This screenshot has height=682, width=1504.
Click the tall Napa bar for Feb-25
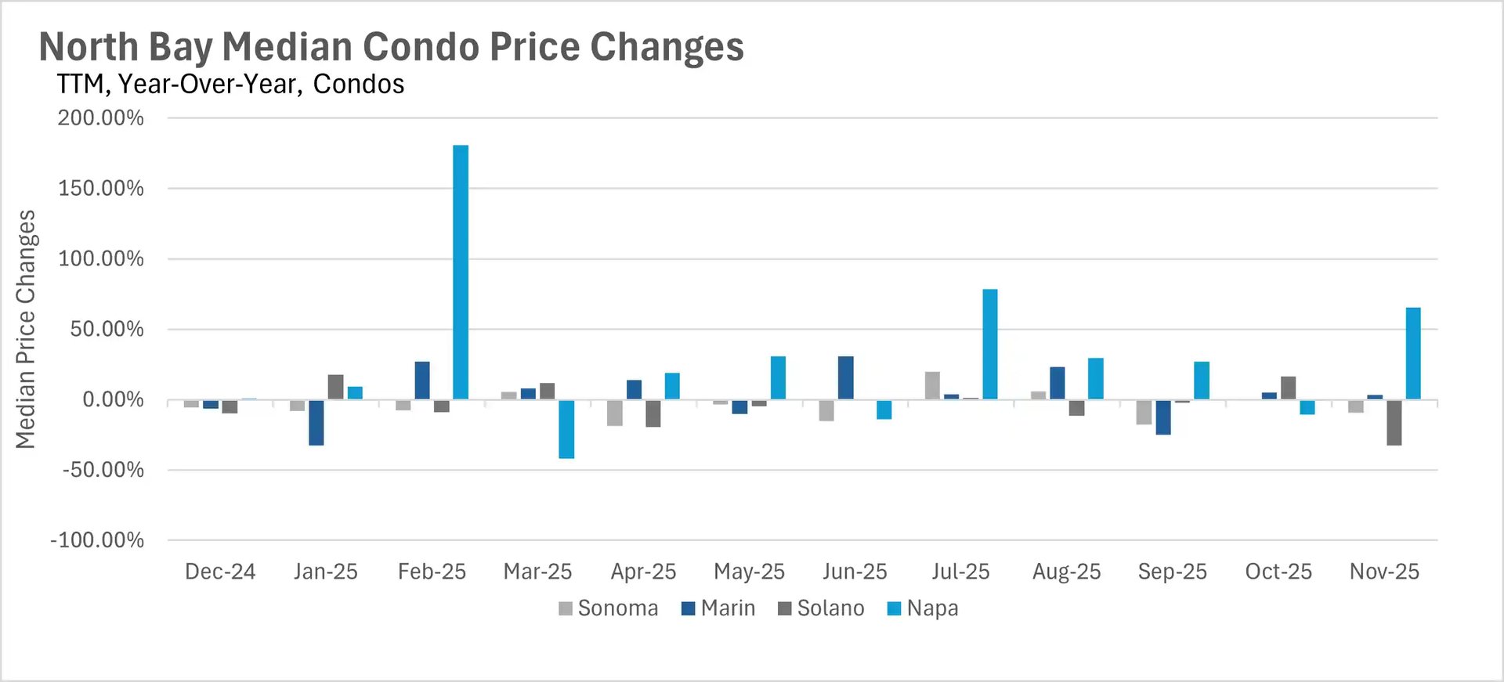coord(461,272)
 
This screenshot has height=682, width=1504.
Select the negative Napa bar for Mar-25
coord(566,429)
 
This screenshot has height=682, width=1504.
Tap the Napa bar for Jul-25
coord(990,345)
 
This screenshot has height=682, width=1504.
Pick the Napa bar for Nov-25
coord(1413,353)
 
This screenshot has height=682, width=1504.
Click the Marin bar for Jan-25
coord(316,423)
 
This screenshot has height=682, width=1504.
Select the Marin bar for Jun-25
coord(846,378)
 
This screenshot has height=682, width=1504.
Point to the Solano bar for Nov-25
coord(1394,423)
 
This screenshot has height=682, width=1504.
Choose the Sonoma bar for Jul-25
coord(932,386)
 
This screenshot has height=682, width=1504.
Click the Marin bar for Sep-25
coord(1163,417)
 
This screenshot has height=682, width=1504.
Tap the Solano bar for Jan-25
coord(335,388)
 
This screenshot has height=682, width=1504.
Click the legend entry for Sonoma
coord(609,608)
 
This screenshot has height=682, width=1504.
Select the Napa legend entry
coord(923,608)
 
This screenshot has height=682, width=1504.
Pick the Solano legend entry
coord(821,608)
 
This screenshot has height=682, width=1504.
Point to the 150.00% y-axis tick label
coord(101,189)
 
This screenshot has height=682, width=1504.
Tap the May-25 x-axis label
coord(749,572)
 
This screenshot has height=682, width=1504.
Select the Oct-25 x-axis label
coord(1278,572)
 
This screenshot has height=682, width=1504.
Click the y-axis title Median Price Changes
coord(26,329)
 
